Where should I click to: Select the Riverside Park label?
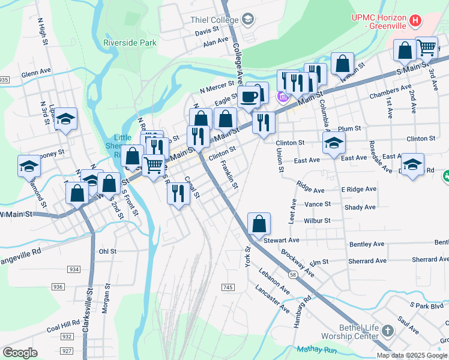point(130,43)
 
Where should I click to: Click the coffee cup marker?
point(249,96)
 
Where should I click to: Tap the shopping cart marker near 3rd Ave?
point(426,47)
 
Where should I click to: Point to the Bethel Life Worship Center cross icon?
point(388,331)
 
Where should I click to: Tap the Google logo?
point(20,352)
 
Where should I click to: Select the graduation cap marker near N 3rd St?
point(66,119)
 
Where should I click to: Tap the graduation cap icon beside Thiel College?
point(247,19)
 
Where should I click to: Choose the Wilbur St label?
point(318,220)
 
